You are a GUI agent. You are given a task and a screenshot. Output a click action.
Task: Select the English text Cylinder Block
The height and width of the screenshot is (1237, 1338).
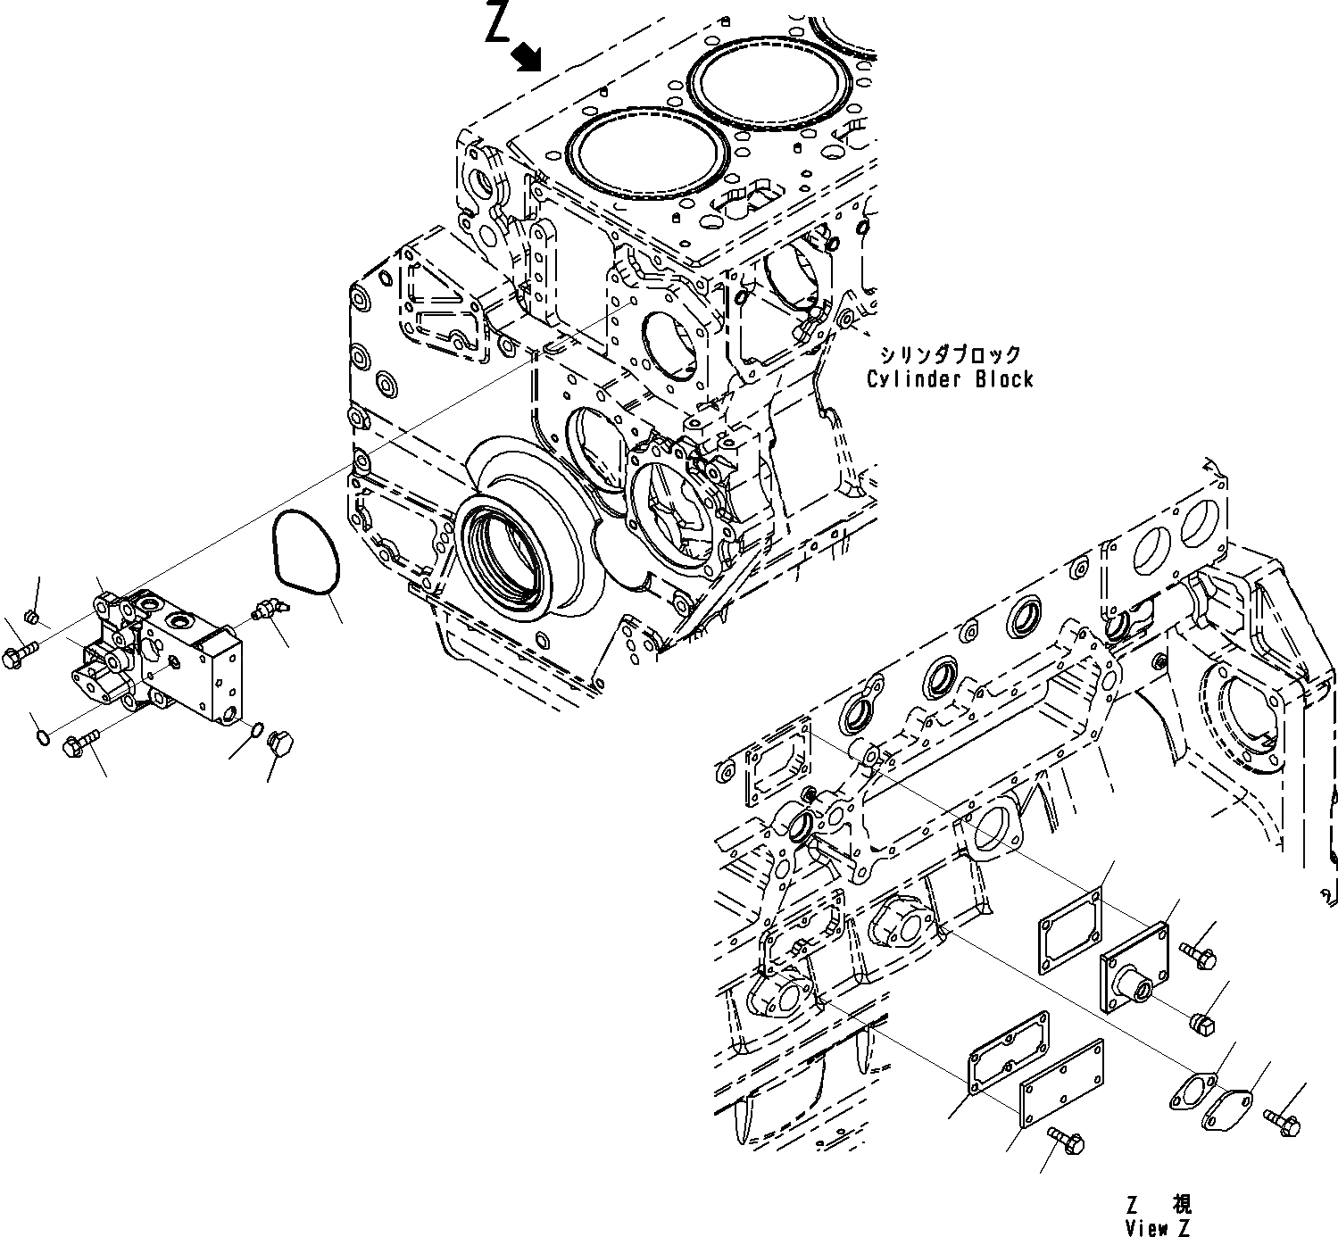(x=950, y=378)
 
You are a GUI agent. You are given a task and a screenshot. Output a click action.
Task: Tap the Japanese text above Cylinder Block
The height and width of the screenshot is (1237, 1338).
(x=950, y=355)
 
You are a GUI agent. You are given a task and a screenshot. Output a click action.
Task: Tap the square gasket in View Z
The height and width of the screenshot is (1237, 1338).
(x=1069, y=927)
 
